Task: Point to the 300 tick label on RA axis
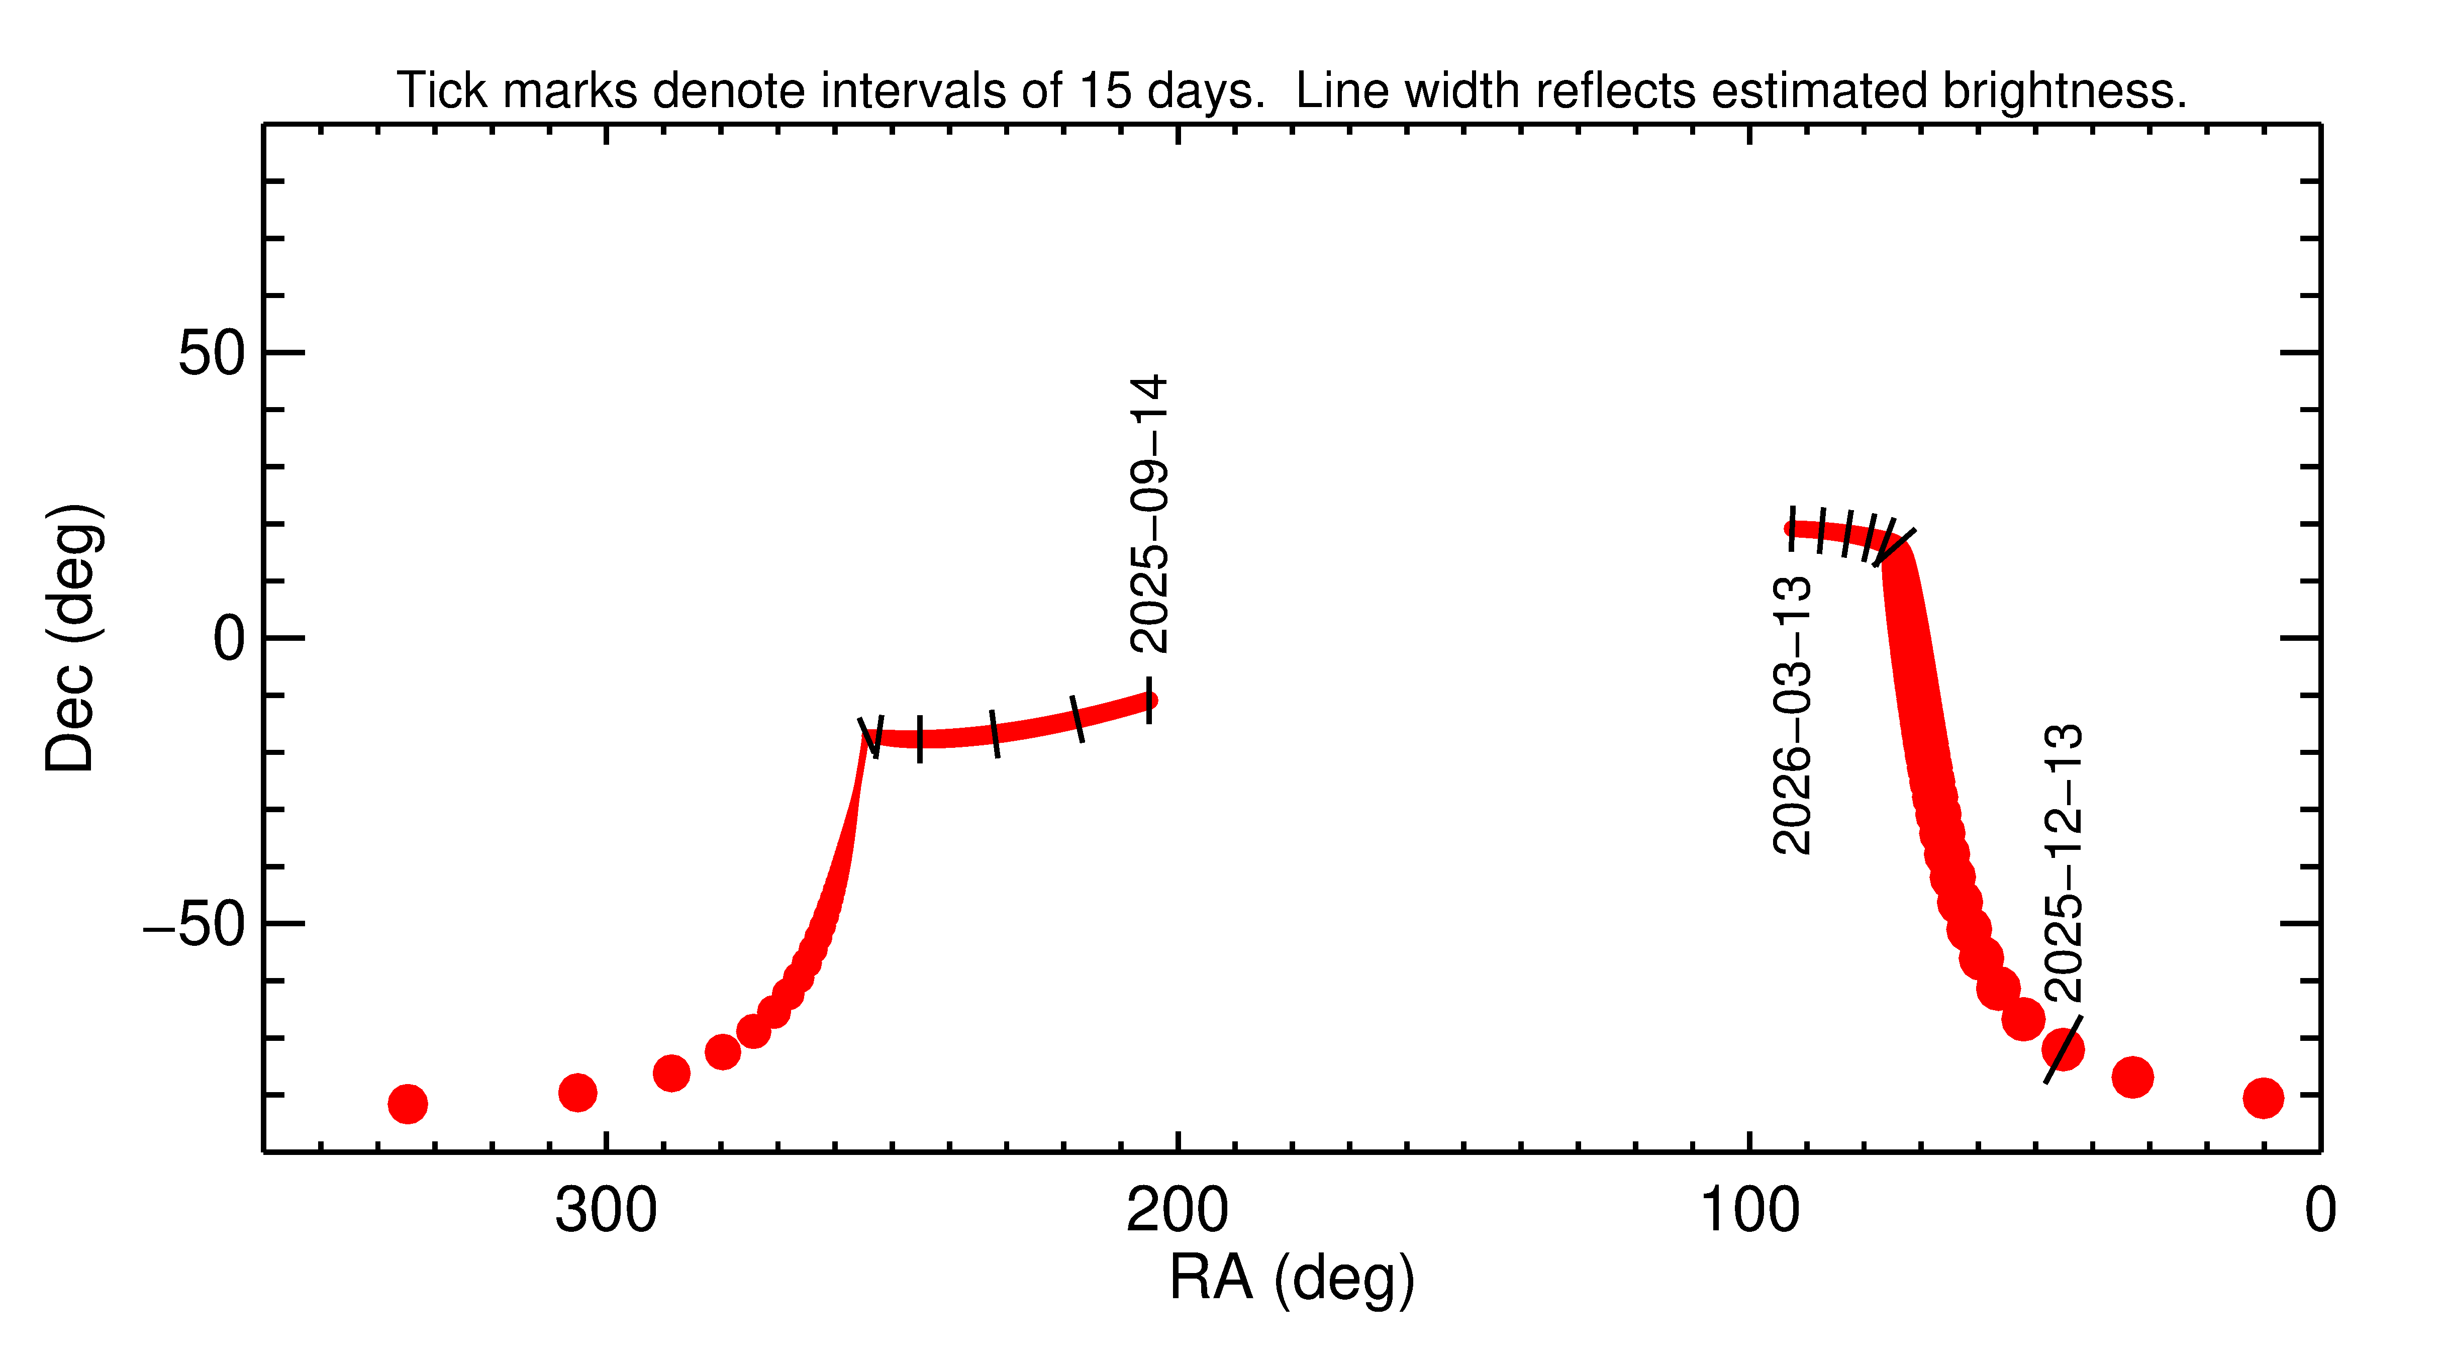coord(606,1211)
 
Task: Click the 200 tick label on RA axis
coord(1177,1211)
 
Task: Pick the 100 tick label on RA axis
coord(1749,1211)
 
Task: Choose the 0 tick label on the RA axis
coord(2320,1211)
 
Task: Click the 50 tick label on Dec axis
coord(212,354)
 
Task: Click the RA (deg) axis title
coord(1292,1279)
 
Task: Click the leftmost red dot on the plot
coord(408,1103)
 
